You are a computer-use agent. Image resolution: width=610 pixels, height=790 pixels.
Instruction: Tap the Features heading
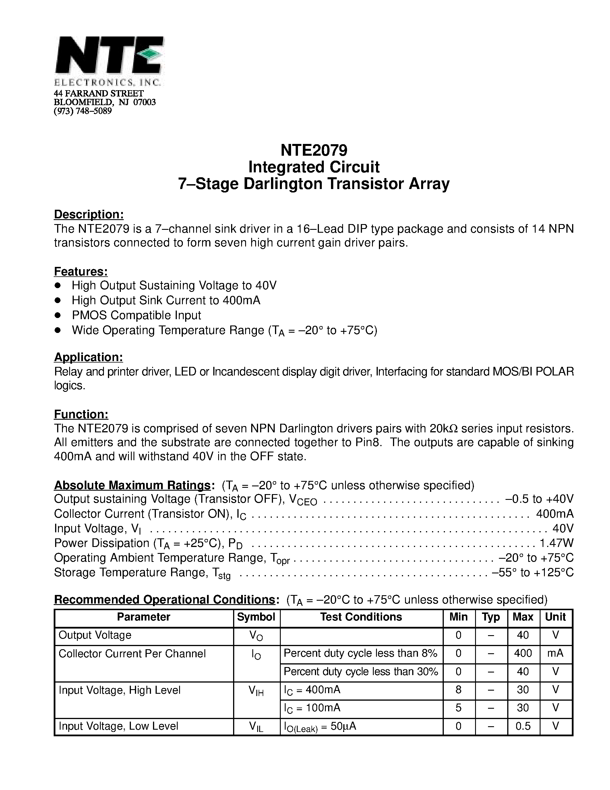(x=81, y=271)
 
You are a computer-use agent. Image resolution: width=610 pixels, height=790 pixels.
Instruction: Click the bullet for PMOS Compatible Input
(x=57, y=315)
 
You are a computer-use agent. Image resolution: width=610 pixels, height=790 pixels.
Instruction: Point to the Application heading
(x=88, y=357)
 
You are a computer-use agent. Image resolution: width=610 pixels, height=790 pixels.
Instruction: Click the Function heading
(x=81, y=414)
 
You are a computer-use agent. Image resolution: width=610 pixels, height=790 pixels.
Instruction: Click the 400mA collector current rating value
(x=554, y=514)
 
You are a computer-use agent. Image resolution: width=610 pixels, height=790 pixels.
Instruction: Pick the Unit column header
(x=555, y=617)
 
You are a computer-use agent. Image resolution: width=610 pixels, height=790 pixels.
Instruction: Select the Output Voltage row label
(x=95, y=635)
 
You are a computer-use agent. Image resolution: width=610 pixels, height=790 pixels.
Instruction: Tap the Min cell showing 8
(x=458, y=690)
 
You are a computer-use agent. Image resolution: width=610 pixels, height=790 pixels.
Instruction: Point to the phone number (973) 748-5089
(x=83, y=111)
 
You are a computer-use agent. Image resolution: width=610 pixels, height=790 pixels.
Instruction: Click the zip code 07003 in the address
(x=145, y=102)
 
